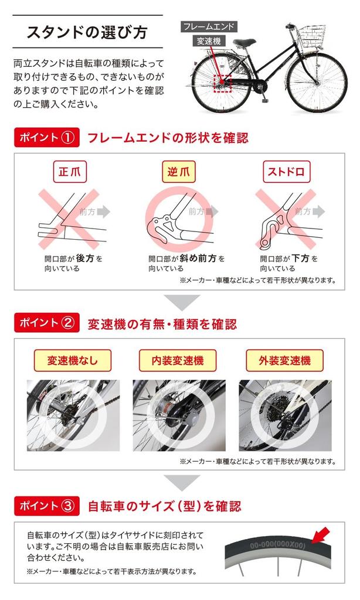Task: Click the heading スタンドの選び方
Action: coord(87,32)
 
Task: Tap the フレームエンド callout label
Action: coord(208,27)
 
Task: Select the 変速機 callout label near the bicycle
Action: coord(209,41)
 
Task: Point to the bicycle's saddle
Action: coord(244,42)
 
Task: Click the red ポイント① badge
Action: coord(47,137)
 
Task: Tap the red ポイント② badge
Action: coord(47,323)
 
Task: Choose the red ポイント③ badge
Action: coord(47,506)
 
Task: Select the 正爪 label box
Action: coord(70,172)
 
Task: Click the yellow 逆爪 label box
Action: coord(178,172)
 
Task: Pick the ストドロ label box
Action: coord(286,172)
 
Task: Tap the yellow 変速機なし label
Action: coord(72,360)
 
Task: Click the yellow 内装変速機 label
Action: coord(178,360)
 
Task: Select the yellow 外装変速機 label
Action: coord(284,360)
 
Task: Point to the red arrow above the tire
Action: coord(321,534)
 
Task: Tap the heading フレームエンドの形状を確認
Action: coord(168,138)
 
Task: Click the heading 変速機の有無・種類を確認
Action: coord(162,324)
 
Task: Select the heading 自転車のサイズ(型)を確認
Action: coord(165,506)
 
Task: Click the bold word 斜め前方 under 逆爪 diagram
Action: coord(198,258)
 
